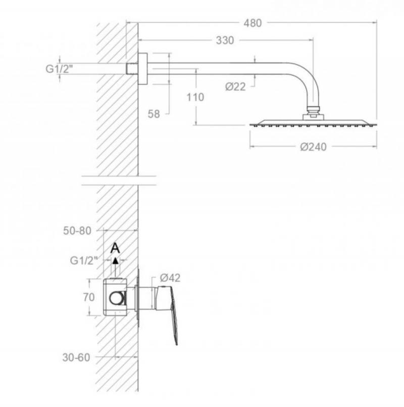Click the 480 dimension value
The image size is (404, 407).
pos(252,23)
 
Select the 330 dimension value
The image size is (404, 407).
pos(225,40)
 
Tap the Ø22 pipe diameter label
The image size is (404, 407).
pos(235,86)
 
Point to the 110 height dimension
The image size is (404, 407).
pos(195,98)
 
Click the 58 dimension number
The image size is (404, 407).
pos(154,114)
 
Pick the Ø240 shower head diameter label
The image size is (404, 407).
pos(313,147)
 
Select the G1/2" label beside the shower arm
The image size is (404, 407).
pos(59,69)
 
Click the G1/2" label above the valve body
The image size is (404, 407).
pos(84,260)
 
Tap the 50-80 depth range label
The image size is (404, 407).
pos(77,231)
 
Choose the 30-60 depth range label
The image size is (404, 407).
pos(76,357)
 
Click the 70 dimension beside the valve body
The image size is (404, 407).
pos(89,297)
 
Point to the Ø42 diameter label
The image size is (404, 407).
pos(170,278)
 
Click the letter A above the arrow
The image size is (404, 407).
pos(115,248)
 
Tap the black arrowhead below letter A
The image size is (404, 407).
pos(115,260)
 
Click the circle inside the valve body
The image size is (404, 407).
pos(117,298)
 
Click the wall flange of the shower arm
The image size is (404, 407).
pos(143,69)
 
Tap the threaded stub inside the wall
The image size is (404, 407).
pos(132,69)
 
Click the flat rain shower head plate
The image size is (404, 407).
pos(313,123)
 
